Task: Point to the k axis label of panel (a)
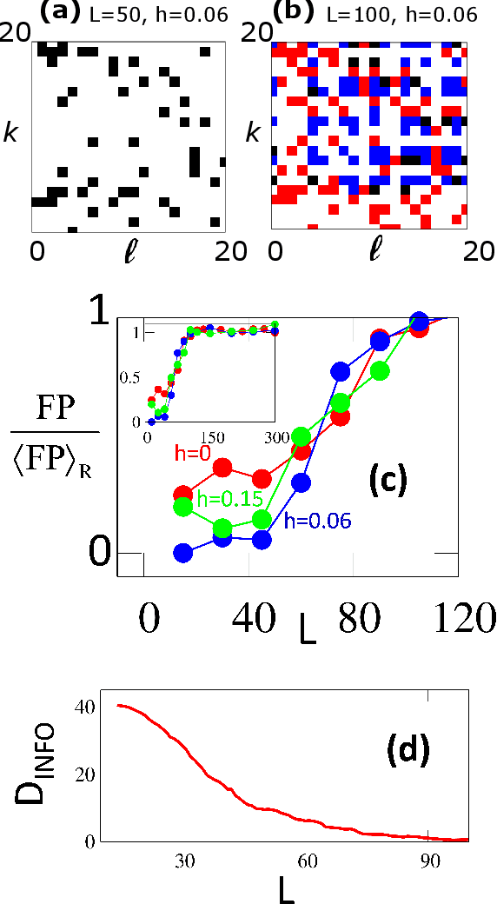click(12, 133)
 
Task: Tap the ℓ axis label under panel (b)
click(374, 251)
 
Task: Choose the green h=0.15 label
click(229, 498)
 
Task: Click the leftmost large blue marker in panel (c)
click(183, 552)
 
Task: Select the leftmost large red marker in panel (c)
click(183, 495)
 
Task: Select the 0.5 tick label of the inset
click(129, 377)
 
